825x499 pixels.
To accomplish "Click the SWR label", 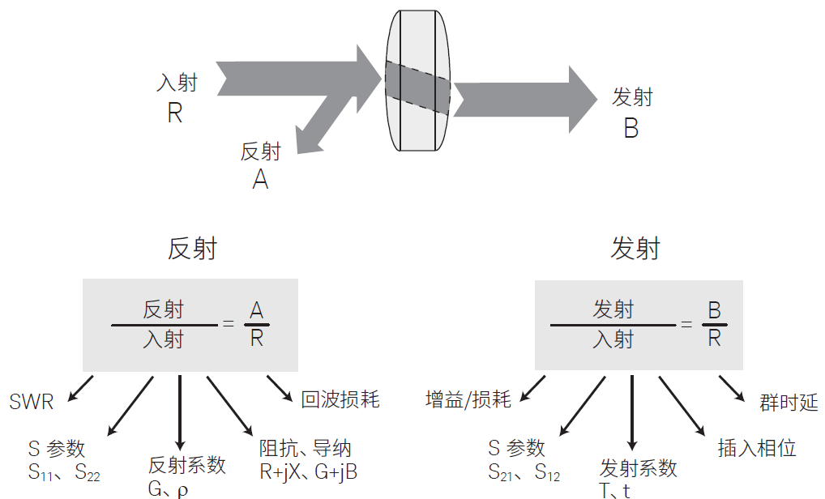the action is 32,403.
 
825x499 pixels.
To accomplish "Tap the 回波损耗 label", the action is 340,399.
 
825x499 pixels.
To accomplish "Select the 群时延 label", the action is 789,403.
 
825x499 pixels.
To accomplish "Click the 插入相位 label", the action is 757,448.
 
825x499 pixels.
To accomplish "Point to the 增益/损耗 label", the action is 468,399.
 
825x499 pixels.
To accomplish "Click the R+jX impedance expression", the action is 280,472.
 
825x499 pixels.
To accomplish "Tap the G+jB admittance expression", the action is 336,472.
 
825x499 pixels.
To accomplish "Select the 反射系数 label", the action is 186,465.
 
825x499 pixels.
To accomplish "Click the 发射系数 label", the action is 639,468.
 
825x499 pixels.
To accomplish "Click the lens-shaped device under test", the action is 417,80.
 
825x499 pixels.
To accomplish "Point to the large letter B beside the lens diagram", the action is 631,128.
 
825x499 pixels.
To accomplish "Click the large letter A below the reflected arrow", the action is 260,179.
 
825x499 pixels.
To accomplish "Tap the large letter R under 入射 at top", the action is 175,113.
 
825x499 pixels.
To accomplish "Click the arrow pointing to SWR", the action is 80,388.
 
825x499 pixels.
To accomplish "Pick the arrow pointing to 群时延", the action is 732,389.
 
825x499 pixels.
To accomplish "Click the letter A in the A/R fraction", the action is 256,310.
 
